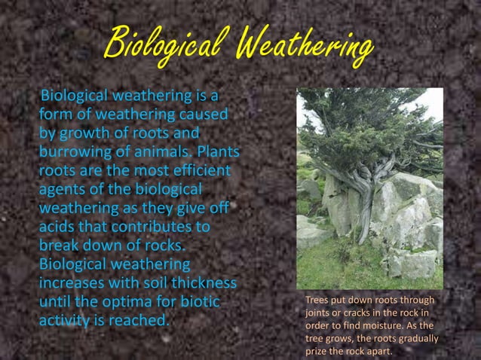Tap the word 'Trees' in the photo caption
pyautogui.click(x=317, y=302)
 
